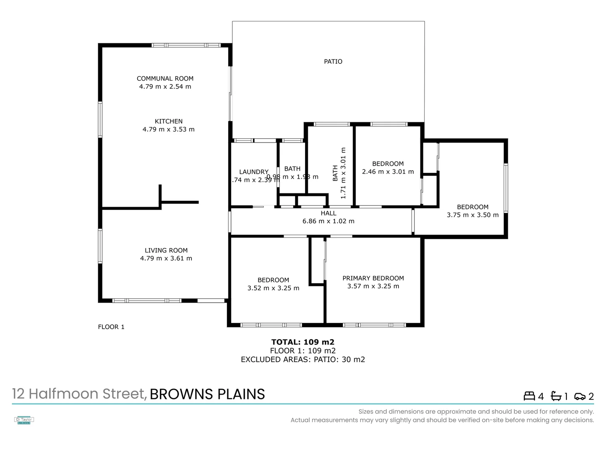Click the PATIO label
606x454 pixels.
pos(333,61)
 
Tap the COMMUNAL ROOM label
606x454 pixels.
pos(165,79)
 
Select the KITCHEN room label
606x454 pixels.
pos(168,121)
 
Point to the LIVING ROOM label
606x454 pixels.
pos(166,251)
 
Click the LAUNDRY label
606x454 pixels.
pos(253,172)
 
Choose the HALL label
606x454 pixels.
pos(328,213)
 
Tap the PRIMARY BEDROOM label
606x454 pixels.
pos(373,278)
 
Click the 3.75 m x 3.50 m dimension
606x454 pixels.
pos(473,215)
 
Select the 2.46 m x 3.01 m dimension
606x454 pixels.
pos(388,172)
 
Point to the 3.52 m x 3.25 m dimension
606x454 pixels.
pos(273,288)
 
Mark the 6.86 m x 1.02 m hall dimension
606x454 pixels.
pos(328,221)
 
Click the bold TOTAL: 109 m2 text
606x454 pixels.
pos(303,342)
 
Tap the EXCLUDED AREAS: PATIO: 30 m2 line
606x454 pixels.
pos(303,359)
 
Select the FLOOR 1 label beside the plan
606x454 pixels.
pos(111,327)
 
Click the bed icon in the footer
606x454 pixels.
pos(529,396)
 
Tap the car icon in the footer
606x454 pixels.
pos(579,396)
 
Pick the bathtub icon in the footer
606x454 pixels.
pos(556,396)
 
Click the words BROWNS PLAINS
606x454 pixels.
pos(207,394)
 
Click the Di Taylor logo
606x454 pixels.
pos(24,420)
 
